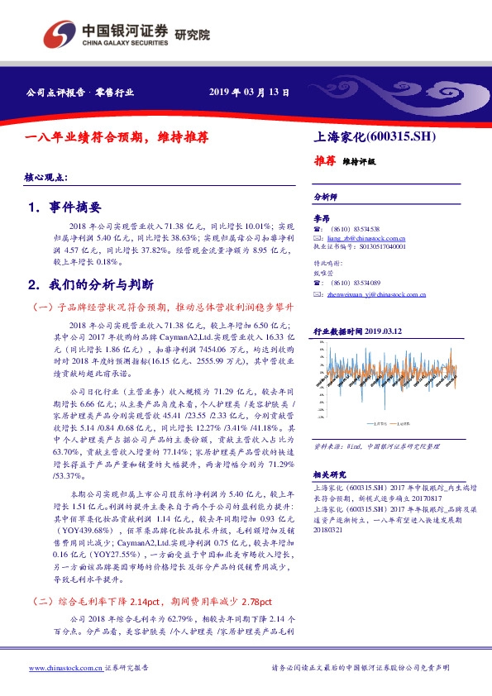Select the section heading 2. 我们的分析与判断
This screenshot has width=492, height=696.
coord(90,284)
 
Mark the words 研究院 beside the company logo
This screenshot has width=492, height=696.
coord(192,35)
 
